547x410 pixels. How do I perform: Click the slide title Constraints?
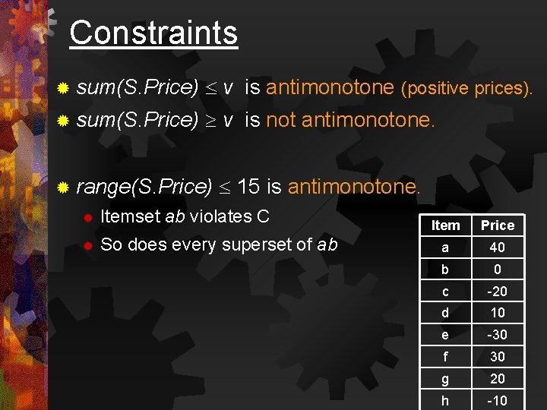tap(153, 33)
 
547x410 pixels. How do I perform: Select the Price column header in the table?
tap(498, 225)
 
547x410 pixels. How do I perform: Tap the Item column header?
tap(445, 225)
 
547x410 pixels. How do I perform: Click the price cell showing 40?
tap(498, 248)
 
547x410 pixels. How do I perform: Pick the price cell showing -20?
tap(498, 292)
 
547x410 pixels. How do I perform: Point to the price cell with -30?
tap(498, 335)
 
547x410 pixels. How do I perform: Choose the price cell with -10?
tap(498, 400)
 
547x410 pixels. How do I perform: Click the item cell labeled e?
tap(445, 335)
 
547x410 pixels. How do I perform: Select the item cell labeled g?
tap(445, 379)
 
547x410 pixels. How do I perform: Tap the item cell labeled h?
tap(445, 400)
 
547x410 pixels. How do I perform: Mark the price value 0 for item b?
tap(498, 270)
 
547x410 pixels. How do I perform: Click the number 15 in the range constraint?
tap(250, 186)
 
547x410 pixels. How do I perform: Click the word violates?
tap(221, 216)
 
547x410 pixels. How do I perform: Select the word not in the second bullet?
tap(280, 120)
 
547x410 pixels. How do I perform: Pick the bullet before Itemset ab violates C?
tap(87, 217)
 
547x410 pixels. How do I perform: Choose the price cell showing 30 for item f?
tap(498, 357)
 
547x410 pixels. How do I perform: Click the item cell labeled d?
tap(445, 313)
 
